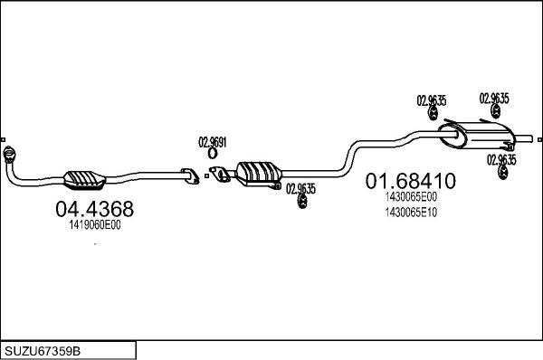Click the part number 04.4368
pos(94,209)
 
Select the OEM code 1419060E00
pos(95,225)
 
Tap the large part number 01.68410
pos(411,181)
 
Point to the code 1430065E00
pos(411,197)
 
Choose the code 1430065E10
pos(411,213)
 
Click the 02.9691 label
pos(213,142)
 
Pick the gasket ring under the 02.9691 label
pos(213,154)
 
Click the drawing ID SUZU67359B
pos(43,351)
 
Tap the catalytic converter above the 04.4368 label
pos(84,180)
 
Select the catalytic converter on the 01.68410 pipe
pos(259,174)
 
